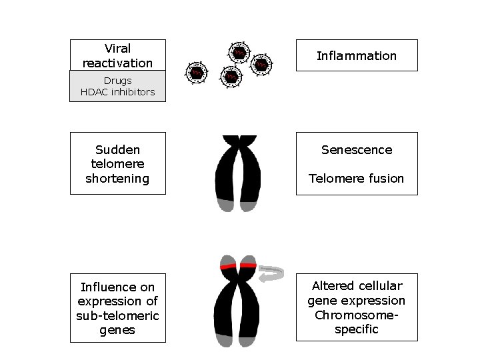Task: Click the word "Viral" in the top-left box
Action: (x=117, y=49)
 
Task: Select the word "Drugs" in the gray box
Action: (x=117, y=81)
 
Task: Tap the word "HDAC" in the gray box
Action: (x=96, y=92)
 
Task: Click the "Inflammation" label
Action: (x=356, y=56)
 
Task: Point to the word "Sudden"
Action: (x=117, y=149)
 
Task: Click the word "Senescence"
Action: (x=356, y=150)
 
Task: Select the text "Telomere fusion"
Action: (x=356, y=178)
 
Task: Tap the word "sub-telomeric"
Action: (x=117, y=315)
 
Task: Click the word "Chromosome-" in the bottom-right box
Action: (x=356, y=315)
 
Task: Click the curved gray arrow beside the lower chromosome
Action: (x=271, y=273)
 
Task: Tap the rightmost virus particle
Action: (x=261, y=64)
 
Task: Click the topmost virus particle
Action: (x=238, y=51)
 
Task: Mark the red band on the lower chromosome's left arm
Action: (x=228, y=268)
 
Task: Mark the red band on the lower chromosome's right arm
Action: (x=248, y=266)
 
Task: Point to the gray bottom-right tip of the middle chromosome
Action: (x=248, y=205)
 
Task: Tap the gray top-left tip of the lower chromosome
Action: (x=227, y=259)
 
